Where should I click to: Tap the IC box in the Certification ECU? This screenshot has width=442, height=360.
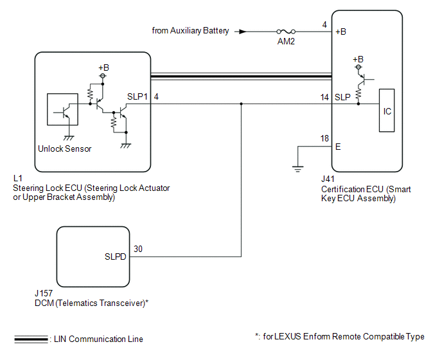pyautogui.click(x=387, y=111)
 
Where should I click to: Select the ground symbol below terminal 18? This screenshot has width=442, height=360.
pyautogui.click(x=298, y=169)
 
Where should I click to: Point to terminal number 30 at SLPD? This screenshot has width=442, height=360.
pyautogui.click(x=137, y=249)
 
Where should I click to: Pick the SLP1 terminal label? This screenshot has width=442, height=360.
pyautogui.click(x=138, y=96)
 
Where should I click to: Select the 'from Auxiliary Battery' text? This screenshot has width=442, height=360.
pyautogui.click(x=190, y=30)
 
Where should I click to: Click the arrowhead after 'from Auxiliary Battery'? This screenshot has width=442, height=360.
pyautogui.click(x=242, y=31)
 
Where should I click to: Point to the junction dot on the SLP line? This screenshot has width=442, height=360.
pyautogui.click(x=242, y=104)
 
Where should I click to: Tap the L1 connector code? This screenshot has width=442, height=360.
pyautogui.click(x=17, y=177)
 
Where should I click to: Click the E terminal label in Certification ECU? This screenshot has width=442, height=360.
pyautogui.click(x=338, y=147)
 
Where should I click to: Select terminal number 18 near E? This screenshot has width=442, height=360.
pyautogui.click(x=325, y=139)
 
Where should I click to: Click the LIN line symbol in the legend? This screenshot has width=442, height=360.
pyautogui.click(x=30, y=339)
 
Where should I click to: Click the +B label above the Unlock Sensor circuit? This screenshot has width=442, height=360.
pyautogui.click(x=103, y=67)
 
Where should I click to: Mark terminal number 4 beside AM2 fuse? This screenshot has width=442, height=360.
pyautogui.click(x=325, y=24)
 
